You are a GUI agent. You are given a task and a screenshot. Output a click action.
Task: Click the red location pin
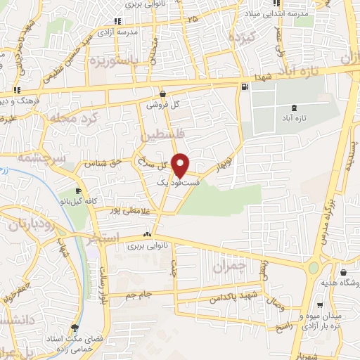181,165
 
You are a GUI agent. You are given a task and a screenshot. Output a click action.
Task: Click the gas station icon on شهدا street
244,86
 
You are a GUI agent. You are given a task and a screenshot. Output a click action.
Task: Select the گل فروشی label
163,104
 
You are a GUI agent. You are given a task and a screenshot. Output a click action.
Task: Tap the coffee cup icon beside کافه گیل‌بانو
78,191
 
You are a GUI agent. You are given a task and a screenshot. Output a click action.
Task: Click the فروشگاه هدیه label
340,284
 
